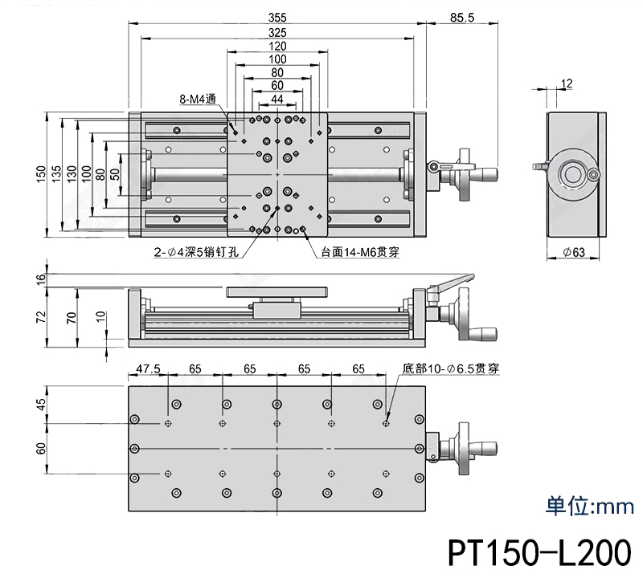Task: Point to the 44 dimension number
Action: point(277,99)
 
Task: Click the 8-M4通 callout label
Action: point(198,100)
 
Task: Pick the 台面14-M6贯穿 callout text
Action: point(360,250)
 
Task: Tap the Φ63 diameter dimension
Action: point(573,252)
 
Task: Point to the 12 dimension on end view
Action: point(567,83)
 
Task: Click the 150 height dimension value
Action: point(40,175)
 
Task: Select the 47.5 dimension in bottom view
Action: point(148,369)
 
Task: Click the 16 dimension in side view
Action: point(41,279)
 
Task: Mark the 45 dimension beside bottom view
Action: point(41,405)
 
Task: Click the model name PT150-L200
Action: point(539,553)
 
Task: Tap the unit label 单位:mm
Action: point(589,507)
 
